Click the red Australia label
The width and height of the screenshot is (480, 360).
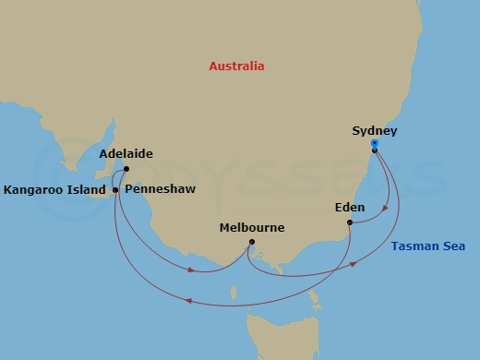pyautogui.click(x=236, y=66)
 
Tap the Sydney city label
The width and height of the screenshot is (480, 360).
pyautogui.click(x=375, y=131)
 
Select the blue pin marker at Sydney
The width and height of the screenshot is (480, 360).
pyautogui.click(x=375, y=144)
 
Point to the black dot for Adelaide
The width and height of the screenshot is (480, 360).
pyautogui.click(x=126, y=169)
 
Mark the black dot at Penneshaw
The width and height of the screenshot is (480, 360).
pyautogui.click(x=115, y=190)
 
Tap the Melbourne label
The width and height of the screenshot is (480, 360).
pyautogui.click(x=252, y=227)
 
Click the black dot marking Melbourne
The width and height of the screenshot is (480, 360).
pyautogui.click(x=252, y=243)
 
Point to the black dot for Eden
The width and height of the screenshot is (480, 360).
pyautogui.click(x=349, y=222)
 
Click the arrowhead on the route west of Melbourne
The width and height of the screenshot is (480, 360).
pyautogui.click(x=189, y=270)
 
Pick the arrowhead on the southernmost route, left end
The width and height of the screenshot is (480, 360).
pyautogui.click(x=188, y=301)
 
